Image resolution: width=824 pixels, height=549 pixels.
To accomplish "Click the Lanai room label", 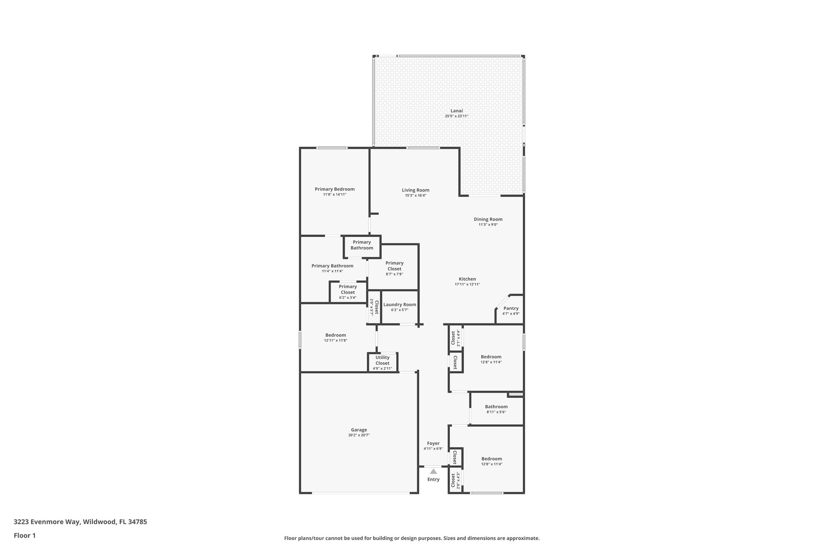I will click(x=456, y=111).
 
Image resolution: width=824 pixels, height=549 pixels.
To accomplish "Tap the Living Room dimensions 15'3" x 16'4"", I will click(x=415, y=195).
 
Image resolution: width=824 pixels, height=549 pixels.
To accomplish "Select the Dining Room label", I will click(x=488, y=219).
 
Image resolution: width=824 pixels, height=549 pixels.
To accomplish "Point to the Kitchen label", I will click(x=467, y=279).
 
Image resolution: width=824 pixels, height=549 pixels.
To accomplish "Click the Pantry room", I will click(x=511, y=310).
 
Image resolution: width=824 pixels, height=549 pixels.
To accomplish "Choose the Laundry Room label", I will click(x=400, y=304).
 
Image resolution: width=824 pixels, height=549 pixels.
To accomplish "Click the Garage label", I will click(x=358, y=430).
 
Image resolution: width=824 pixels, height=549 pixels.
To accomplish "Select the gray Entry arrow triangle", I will click(x=433, y=471).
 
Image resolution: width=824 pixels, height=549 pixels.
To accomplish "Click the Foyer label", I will click(x=433, y=443).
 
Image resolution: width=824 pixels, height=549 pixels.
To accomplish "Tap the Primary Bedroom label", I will click(x=334, y=189).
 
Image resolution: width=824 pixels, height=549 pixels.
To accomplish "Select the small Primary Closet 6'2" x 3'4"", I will click(x=348, y=292).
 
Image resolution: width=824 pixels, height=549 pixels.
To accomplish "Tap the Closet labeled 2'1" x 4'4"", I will click(x=455, y=338).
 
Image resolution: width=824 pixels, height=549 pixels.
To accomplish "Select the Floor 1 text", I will click(x=25, y=535).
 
